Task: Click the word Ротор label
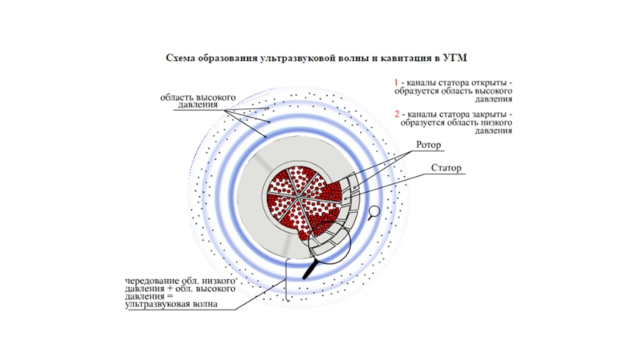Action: point(429,146)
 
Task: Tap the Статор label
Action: point(446,168)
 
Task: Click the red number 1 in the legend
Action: point(395,82)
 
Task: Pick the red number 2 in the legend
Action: point(395,115)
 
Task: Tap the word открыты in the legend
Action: point(487,82)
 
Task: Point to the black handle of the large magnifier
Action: point(307,271)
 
